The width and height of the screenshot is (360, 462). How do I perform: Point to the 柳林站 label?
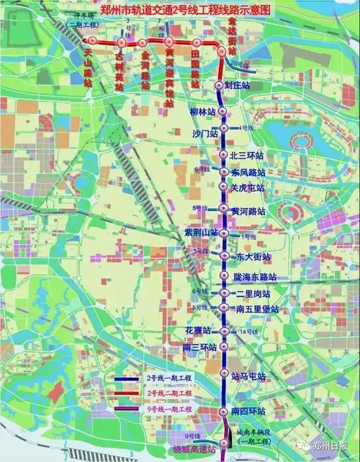pyautogui.click(x=202, y=112)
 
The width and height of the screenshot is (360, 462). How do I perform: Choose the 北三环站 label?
pyautogui.click(x=247, y=155)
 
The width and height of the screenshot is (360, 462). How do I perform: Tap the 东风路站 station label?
pyautogui.click(x=248, y=173)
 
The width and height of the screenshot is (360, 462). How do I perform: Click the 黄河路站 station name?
pyautogui.click(x=248, y=212)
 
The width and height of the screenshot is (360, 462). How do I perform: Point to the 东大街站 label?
pyautogui.click(x=253, y=256)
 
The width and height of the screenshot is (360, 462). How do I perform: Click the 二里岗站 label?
pyautogui.click(x=252, y=294)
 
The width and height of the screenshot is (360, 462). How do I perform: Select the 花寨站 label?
pyautogui.click(x=197, y=330)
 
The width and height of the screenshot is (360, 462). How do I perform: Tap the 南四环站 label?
pyautogui.click(x=248, y=411)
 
